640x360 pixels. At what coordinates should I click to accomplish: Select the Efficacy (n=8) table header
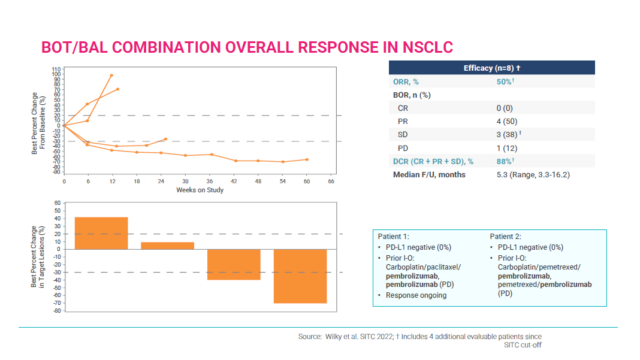coord(491,68)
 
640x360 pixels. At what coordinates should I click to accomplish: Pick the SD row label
coord(403,134)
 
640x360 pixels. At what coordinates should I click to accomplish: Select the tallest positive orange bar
coord(101,233)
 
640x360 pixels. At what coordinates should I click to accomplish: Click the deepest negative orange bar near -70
coord(300,276)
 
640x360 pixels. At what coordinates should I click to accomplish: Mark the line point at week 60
coord(307,159)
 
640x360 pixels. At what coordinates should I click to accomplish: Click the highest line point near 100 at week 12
coord(111,75)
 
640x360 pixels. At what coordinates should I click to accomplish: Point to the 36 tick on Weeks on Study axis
coord(210,181)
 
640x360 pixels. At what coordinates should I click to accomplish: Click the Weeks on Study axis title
coord(200,190)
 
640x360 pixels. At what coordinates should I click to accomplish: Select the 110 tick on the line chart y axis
coord(57,69)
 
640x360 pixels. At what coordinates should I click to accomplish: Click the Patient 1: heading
coord(393,237)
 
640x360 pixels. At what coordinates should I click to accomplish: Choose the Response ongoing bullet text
coord(416,295)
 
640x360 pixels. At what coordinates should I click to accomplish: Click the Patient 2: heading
coord(505,237)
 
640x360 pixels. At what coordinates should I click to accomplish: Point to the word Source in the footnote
coord(310,337)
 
